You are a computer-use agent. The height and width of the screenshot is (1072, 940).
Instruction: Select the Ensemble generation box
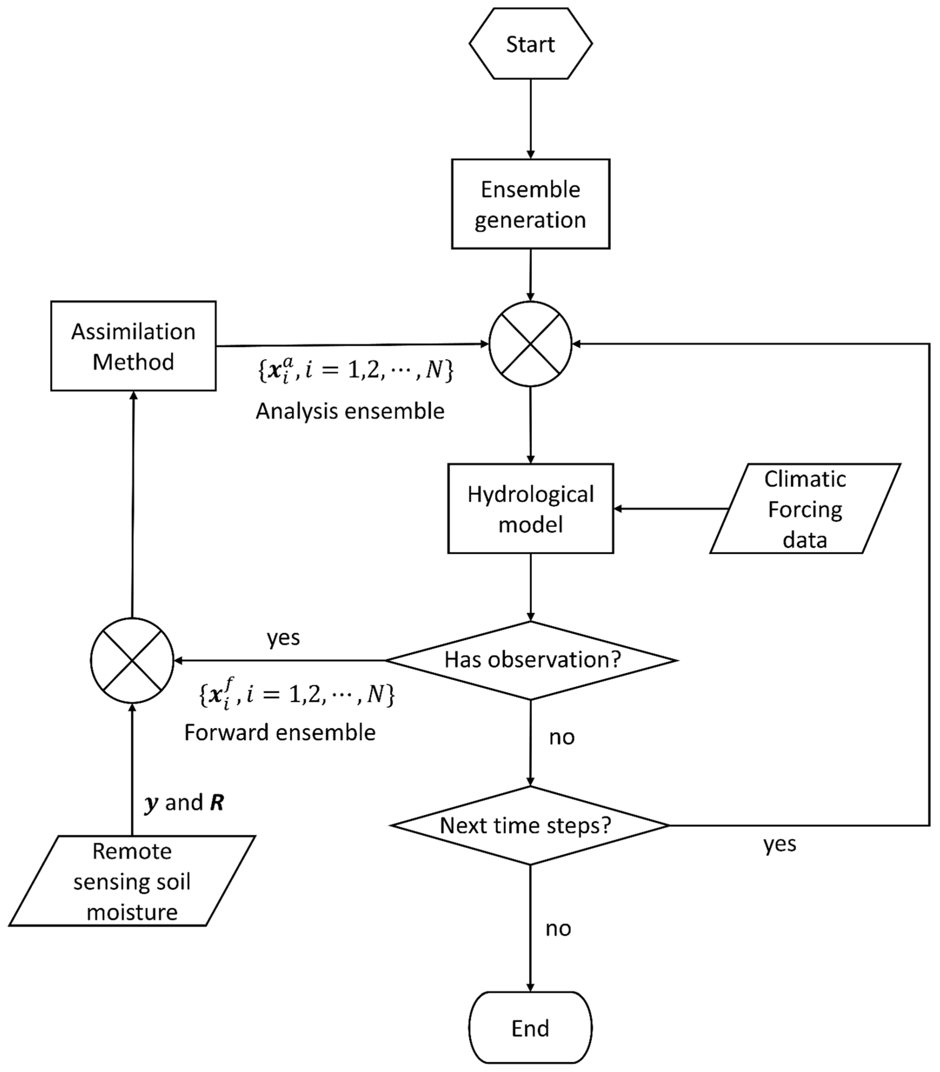click(530, 204)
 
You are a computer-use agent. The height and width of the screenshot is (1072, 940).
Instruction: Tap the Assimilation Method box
click(133, 346)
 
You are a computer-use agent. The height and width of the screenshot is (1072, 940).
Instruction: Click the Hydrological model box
click(530, 509)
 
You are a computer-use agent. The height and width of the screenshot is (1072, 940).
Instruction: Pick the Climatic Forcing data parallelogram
click(805, 509)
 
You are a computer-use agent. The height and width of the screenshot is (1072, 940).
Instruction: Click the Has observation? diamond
click(531, 660)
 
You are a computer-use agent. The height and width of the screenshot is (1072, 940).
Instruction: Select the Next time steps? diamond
click(530, 826)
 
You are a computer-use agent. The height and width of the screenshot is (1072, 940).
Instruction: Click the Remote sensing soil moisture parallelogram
click(132, 881)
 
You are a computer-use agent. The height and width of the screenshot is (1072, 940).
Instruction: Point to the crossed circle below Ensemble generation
click(530, 344)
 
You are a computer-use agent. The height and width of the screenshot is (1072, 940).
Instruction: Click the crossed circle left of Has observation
click(132, 660)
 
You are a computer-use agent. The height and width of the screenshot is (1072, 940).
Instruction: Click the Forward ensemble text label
click(279, 732)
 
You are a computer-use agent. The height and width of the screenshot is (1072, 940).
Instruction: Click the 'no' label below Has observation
click(562, 737)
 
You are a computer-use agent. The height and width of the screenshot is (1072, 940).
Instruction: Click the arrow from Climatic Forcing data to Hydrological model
click(671, 509)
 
